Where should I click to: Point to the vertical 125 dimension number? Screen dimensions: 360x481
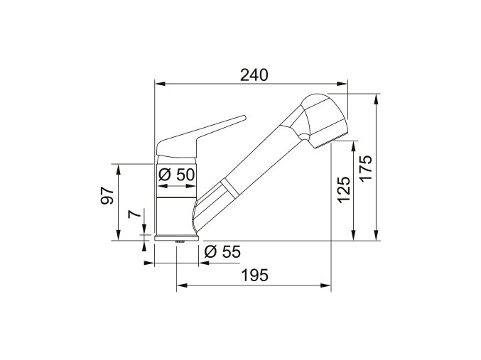click(343, 190)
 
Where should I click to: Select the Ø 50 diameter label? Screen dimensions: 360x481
click(175, 174)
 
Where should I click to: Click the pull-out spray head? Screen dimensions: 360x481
click(321, 117)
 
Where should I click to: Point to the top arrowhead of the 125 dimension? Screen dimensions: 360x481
click(353, 146)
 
